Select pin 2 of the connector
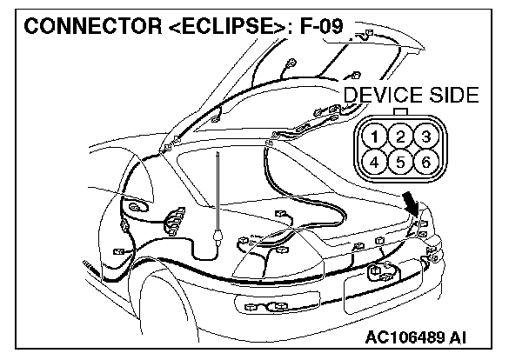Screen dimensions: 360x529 coord(398,136)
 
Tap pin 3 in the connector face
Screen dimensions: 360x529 coord(424,136)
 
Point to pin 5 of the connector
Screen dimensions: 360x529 coord(398,161)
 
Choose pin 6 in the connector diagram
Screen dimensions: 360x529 coord(424,161)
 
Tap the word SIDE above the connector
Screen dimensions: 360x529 coord(449,96)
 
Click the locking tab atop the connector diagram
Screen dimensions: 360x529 coord(398,110)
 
